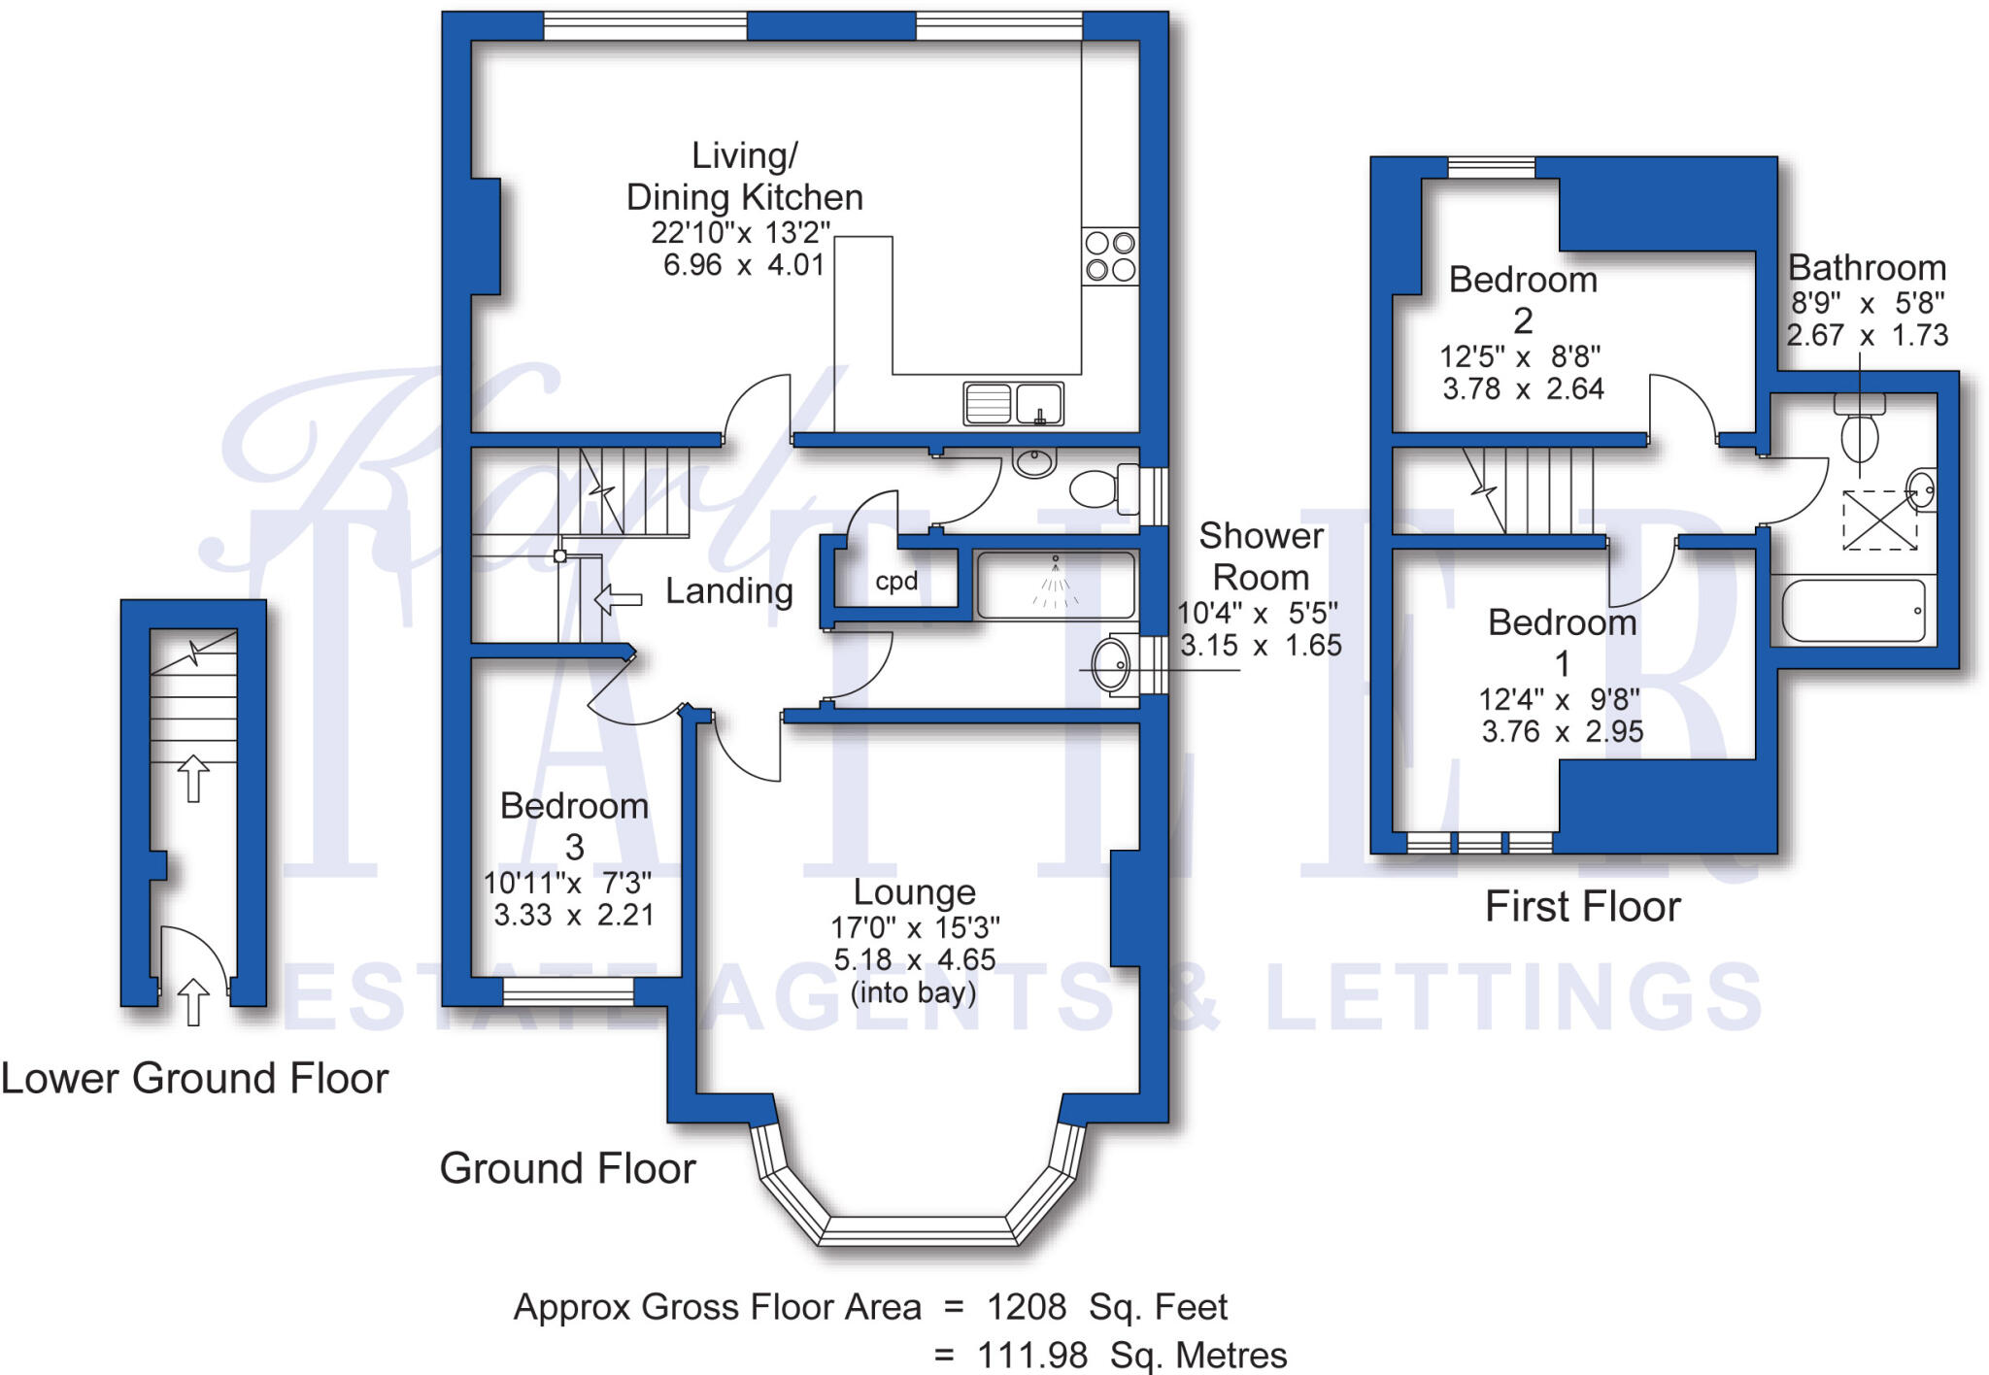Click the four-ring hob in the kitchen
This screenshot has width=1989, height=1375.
click(x=1110, y=256)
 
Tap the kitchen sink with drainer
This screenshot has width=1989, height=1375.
click(x=1013, y=403)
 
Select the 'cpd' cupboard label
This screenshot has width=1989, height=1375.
click(x=895, y=582)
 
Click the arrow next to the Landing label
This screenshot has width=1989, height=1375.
click(x=618, y=599)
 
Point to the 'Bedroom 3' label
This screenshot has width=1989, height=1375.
click(x=574, y=825)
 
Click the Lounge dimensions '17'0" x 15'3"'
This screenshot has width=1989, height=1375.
click(x=915, y=927)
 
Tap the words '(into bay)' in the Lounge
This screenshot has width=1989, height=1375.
click(x=913, y=992)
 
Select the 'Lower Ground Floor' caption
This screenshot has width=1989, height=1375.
click(x=194, y=1079)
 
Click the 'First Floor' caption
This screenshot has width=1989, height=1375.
click(x=1582, y=907)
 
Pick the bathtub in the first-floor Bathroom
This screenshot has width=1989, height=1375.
click(x=1853, y=611)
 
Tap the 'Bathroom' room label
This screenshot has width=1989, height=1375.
click(x=1866, y=268)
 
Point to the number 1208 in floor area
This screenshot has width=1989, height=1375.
click(x=1027, y=1308)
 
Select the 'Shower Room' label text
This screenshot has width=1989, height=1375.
click(x=1261, y=556)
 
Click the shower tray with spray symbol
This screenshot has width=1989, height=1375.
click(x=1056, y=586)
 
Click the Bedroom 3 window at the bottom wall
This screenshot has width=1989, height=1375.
click(x=568, y=990)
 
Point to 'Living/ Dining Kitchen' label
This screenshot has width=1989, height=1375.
click(x=744, y=177)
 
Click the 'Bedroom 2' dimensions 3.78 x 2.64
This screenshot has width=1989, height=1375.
click(x=1522, y=389)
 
